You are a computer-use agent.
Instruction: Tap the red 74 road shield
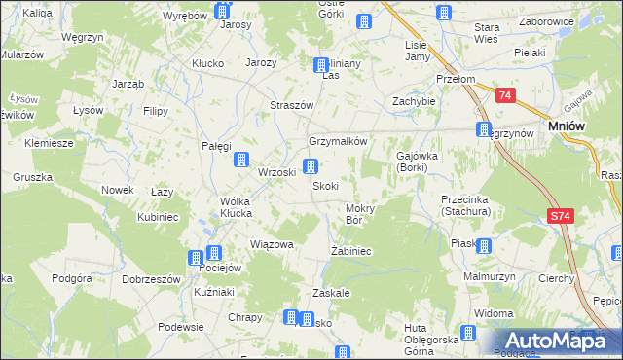click(x=504, y=96)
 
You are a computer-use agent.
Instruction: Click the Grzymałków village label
click(x=338, y=140)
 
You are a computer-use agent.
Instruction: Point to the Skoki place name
click(x=325, y=186)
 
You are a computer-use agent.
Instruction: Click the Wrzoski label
click(x=276, y=172)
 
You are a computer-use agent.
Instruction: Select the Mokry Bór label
click(x=360, y=214)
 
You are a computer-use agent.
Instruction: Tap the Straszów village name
click(x=291, y=105)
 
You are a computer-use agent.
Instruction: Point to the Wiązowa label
click(x=272, y=244)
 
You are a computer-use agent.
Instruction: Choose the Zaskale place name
click(x=331, y=292)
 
